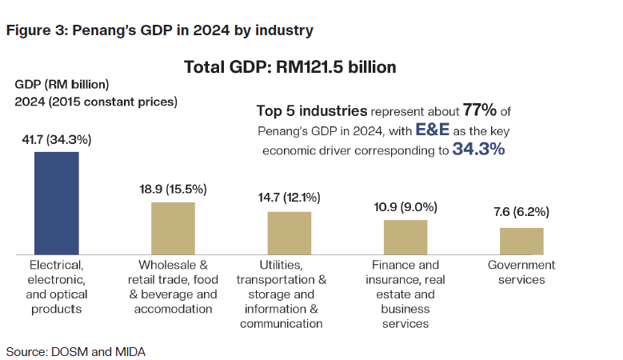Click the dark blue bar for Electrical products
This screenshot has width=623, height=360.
tap(56, 202)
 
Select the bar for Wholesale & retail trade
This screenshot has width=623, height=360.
tap(173, 228)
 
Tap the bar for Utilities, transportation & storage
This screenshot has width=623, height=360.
tap(289, 233)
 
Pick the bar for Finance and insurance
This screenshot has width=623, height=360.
tap(405, 237)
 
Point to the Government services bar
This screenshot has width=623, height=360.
tap(521, 241)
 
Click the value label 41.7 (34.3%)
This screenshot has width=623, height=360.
tap(57, 139)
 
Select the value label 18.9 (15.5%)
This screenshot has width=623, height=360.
tap(173, 190)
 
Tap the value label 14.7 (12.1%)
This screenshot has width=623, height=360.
tap(290, 198)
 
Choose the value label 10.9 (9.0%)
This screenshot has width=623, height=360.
tap(405, 207)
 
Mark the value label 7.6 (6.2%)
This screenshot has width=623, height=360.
tap(521, 213)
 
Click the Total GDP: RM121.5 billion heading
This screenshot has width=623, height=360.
tap(290, 67)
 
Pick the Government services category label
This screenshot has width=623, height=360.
tap(521, 273)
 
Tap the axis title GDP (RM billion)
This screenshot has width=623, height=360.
tap(62, 84)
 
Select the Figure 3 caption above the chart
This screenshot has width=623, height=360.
tap(159, 31)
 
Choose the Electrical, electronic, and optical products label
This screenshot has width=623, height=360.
tap(56, 286)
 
